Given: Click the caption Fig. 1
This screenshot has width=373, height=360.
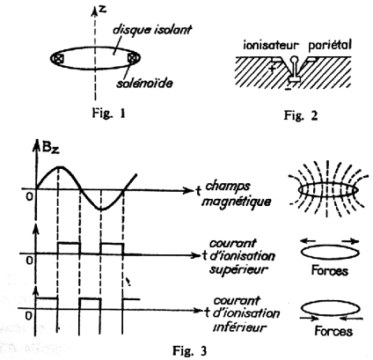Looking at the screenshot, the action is point(109,113).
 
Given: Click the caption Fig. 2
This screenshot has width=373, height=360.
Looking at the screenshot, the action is point(301,115).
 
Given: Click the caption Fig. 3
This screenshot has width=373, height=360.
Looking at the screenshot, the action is point(189,350).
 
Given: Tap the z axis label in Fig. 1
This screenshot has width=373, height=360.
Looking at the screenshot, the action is point(102,9).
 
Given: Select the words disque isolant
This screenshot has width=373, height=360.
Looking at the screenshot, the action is point(152,30).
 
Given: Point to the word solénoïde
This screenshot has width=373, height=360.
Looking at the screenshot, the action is point(144,83).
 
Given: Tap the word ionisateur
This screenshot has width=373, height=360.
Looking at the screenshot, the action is point(271,45).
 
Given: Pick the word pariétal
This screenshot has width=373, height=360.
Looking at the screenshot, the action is point(330,45).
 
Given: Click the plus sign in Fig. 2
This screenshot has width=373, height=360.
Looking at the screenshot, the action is point(273,68).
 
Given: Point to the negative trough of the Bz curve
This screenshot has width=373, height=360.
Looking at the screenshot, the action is point(101,209).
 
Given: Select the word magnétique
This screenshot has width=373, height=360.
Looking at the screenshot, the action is point(237,202).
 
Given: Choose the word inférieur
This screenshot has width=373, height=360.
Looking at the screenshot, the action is point(240,327).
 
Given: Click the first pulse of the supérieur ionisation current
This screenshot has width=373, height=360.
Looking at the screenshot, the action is point(69,243).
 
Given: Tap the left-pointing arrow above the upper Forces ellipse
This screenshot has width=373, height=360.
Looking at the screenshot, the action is point(309,241).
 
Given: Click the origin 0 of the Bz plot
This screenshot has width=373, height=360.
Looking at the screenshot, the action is point(29,196).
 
